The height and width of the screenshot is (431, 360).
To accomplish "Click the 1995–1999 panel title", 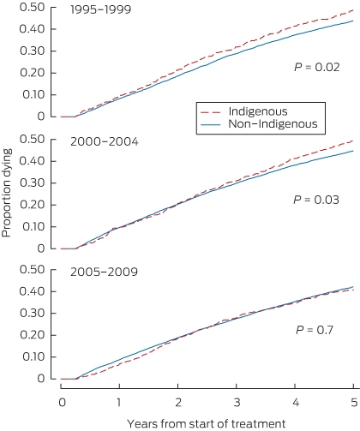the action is [x=100, y=9].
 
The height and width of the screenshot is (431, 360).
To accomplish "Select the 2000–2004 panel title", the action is [x=105, y=141].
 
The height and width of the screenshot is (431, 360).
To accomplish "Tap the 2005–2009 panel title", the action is [x=104, y=272].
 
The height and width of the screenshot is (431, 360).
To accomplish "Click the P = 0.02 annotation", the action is [x=317, y=68].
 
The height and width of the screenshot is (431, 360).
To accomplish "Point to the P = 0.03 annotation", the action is [x=316, y=200].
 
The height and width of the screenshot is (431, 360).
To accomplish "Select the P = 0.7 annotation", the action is [x=315, y=330].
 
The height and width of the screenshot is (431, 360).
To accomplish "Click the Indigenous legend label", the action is [x=258, y=111].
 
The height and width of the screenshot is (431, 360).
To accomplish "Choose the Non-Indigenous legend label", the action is [x=273, y=124].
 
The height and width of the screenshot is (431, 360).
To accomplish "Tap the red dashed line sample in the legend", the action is [x=211, y=112].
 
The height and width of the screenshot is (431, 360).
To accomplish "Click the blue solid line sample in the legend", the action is [x=211, y=124].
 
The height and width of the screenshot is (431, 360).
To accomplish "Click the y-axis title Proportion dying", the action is [x=7, y=193].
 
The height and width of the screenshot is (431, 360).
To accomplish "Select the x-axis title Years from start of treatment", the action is [x=207, y=423].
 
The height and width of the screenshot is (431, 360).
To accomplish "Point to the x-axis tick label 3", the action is [x=237, y=403].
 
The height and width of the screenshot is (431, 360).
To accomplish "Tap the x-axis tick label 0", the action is [x=62, y=403].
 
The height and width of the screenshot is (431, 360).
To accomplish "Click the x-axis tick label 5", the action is [x=354, y=403].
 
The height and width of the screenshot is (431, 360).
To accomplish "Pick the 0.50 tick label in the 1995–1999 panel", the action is [x=33, y=8].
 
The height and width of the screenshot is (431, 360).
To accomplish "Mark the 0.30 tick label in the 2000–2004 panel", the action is [x=33, y=183].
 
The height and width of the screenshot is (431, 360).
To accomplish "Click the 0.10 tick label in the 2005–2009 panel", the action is [x=33, y=356].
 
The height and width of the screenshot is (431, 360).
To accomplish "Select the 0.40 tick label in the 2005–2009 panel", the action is [x=33, y=291].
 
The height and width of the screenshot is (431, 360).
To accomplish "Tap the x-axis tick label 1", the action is [x=119, y=403].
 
